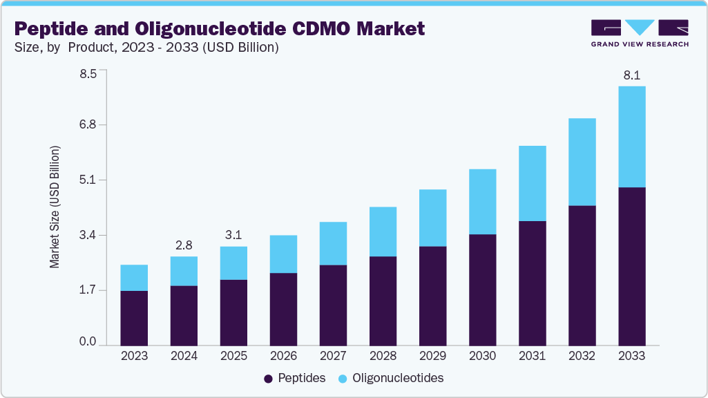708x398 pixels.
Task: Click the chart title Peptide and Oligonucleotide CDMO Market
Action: coord(220,28)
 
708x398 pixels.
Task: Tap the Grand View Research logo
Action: coord(640,33)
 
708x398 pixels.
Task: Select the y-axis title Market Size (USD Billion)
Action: coord(55,207)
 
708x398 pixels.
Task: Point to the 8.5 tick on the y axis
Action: coord(88,70)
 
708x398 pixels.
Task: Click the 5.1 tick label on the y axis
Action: coord(88,180)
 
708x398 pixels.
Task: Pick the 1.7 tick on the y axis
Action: coord(88,290)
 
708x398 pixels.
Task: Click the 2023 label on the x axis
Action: coord(134,356)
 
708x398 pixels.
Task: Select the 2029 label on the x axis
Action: coord(432,356)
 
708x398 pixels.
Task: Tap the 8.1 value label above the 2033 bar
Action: coord(631,76)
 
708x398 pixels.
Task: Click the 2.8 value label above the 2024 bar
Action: coord(184,246)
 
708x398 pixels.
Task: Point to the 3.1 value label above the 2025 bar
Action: coord(233,236)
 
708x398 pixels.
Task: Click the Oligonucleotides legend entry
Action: coord(391,378)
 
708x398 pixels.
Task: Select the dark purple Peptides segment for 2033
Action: coord(631,266)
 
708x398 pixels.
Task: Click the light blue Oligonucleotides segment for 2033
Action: coord(631,137)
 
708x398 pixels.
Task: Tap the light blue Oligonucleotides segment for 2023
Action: coord(134,278)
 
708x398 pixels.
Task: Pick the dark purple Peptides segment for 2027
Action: coord(333,305)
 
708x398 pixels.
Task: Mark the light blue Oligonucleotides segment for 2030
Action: coord(482,202)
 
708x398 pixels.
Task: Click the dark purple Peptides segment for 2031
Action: coord(532,283)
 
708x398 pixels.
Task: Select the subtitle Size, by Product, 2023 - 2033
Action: coord(146,48)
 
